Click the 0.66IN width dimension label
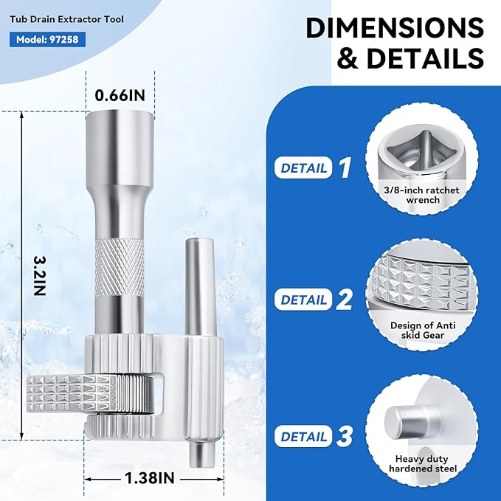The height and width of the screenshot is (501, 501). [x=120, y=95]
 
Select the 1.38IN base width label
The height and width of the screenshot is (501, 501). [x=150, y=478]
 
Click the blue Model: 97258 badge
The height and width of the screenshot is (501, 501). [x=47, y=39]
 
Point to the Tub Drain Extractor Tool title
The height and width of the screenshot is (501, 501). [x=66, y=19]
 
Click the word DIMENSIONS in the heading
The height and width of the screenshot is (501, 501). [x=395, y=28]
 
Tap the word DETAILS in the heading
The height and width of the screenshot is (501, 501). [x=425, y=58]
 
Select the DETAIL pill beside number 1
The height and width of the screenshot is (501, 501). [x=303, y=167]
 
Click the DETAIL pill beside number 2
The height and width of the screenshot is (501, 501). [x=303, y=300]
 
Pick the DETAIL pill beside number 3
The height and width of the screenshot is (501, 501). [x=303, y=436]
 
